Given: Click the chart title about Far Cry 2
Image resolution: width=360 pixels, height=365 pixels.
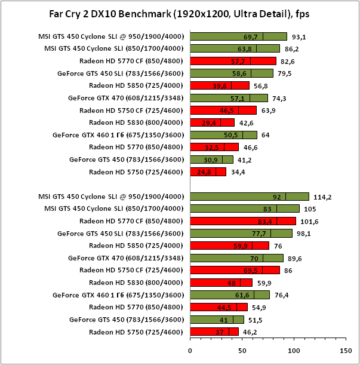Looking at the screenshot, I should click(x=180, y=13).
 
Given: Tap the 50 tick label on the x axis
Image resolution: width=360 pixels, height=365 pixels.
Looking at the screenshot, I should click(x=242, y=351).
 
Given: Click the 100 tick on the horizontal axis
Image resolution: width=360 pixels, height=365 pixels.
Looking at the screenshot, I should click(x=293, y=351).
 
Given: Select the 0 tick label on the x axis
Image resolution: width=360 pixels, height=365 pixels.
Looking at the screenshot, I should click(x=190, y=351).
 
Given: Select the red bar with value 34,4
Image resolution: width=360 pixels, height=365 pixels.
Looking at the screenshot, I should click(x=208, y=172).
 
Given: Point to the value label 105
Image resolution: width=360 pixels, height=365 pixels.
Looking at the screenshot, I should click(x=310, y=208).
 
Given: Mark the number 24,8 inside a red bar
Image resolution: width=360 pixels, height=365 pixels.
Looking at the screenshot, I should click(x=204, y=172).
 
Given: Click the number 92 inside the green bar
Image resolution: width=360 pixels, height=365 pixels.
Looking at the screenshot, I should click(x=276, y=197).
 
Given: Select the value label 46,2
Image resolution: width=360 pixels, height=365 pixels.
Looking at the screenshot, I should click(x=249, y=332).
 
